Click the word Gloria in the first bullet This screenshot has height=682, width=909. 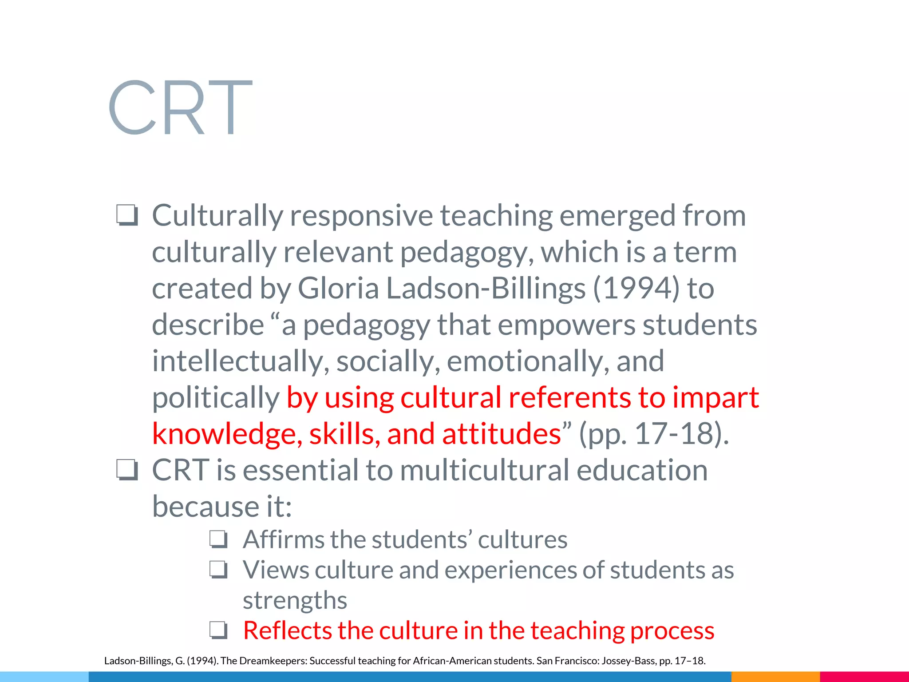click(x=338, y=289)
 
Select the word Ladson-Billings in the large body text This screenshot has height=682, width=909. click(x=486, y=289)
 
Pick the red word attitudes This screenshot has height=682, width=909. click(x=502, y=434)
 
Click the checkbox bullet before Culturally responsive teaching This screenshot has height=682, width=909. click(x=127, y=216)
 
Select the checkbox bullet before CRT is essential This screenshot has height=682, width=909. click(x=127, y=470)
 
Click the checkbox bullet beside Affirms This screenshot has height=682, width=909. click(x=219, y=540)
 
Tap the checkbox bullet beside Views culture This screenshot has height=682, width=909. click(x=219, y=570)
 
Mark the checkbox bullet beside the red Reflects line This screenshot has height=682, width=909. click(x=219, y=630)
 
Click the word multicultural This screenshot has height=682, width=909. click(x=484, y=470)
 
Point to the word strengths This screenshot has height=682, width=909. click(x=295, y=600)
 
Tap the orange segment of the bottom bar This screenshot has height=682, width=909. click(x=775, y=677)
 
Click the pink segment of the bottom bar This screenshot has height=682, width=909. click(x=864, y=677)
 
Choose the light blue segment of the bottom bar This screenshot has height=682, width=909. click(x=44, y=677)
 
